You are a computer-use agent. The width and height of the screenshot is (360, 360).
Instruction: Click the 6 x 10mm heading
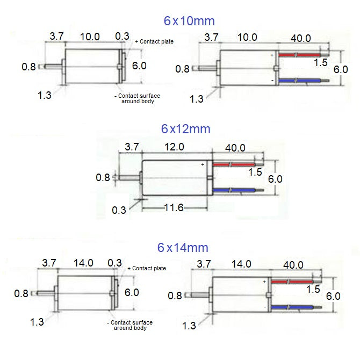click(x=189, y=21)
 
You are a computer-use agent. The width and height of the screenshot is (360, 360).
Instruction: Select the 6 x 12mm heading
click(x=185, y=129)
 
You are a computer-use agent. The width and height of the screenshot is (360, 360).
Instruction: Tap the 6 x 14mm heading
click(x=183, y=248)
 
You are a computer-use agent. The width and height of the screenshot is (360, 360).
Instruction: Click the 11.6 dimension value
click(x=173, y=207)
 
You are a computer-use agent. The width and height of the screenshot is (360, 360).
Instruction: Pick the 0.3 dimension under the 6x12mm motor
click(x=119, y=210)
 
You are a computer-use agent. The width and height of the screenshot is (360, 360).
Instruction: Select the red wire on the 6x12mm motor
click(x=234, y=164)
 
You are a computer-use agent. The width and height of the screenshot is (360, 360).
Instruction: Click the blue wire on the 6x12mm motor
click(x=234, y=190)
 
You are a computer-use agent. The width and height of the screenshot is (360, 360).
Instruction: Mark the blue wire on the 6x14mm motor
click(x=293, y=307)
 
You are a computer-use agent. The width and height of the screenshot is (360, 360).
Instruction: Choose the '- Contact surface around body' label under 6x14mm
click(x=129, y=325)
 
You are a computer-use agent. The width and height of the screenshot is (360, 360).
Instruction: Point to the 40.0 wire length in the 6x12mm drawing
click(x=235, y=147)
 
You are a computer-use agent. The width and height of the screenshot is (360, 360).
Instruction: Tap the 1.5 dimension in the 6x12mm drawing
click(x=255, y=172)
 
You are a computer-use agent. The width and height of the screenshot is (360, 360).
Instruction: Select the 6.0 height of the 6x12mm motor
click(x=275, y=178)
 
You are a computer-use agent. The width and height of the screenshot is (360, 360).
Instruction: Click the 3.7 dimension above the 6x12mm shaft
click(x=131, y=147)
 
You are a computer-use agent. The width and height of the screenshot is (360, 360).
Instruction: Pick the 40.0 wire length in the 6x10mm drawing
click(x=300, y=38)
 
